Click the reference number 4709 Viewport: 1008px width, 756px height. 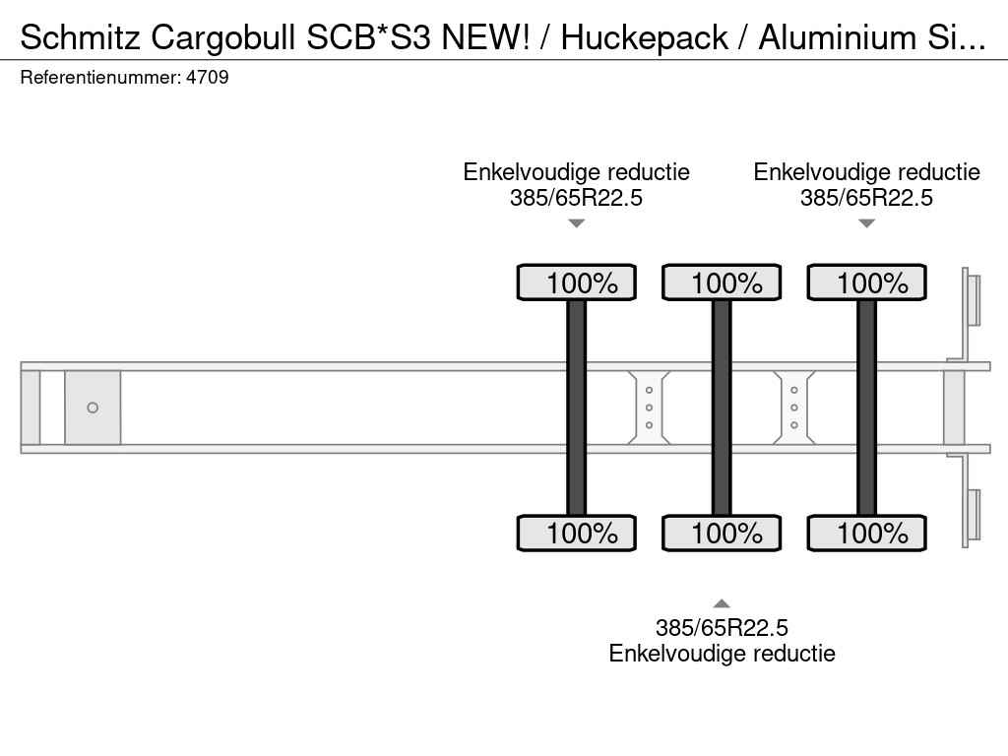tap(207, 77)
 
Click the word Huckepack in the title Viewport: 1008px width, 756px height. tap(644, 37)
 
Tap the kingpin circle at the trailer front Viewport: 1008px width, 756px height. tap(93, 408)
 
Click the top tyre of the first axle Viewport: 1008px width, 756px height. tap(577, 282)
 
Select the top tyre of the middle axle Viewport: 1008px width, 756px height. tap(722, 282)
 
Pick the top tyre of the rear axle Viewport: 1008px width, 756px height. tap(866, 282)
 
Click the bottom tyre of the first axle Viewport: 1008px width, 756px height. tap(577, 533)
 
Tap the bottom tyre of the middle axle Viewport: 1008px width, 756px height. tap(722, 533)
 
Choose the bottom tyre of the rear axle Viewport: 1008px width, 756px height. tap(866, 533)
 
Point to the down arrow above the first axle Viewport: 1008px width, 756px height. tap(577, 223)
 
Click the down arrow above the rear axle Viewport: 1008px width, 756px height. tap(866, 223)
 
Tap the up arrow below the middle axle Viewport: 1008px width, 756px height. tap(722, 603)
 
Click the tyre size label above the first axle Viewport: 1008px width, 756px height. tap(576, 197)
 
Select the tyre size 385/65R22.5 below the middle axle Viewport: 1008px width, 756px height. tap(722, 627)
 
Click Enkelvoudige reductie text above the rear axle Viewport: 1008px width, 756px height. tap(866, 171)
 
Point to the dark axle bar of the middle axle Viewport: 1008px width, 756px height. tap(722, 408)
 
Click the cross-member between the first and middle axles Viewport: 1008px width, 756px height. tap(649, 408)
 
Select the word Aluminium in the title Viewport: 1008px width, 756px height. tap(837, 37)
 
